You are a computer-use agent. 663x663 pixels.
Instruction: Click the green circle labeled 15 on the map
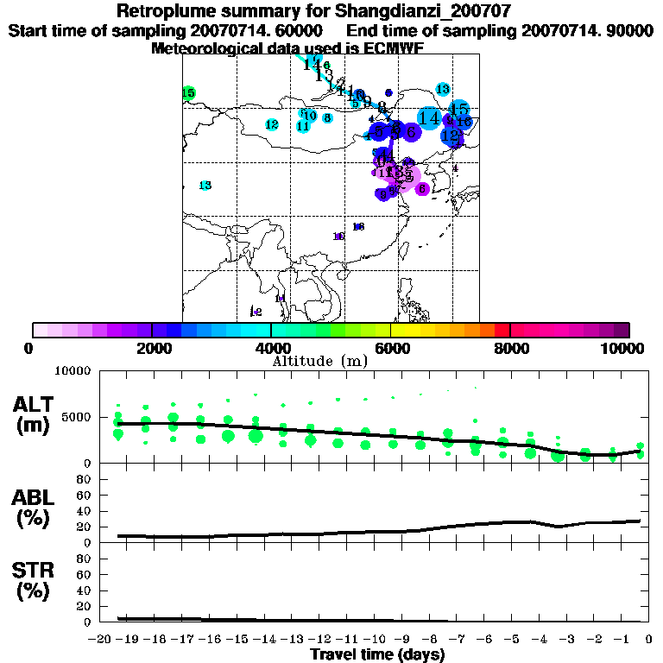click(x=188, y=93)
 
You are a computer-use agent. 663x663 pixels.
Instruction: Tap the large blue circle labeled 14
click(x=429, y=118)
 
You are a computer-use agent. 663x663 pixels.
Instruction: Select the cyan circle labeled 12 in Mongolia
click(x=272, y=125)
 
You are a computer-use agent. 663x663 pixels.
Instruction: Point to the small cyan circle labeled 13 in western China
click(x=205, y=186)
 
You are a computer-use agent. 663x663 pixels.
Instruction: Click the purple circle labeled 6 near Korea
click(x=422, y=188)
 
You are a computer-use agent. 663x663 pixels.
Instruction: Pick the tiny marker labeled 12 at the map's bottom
click(x=256, y=312)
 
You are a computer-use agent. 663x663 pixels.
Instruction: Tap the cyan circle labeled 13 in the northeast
click(x=443, y=89)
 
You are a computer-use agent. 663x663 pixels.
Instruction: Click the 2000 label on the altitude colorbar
click(x=152, y=348)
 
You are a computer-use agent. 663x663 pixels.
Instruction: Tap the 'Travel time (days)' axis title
click(x=378, y=654)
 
